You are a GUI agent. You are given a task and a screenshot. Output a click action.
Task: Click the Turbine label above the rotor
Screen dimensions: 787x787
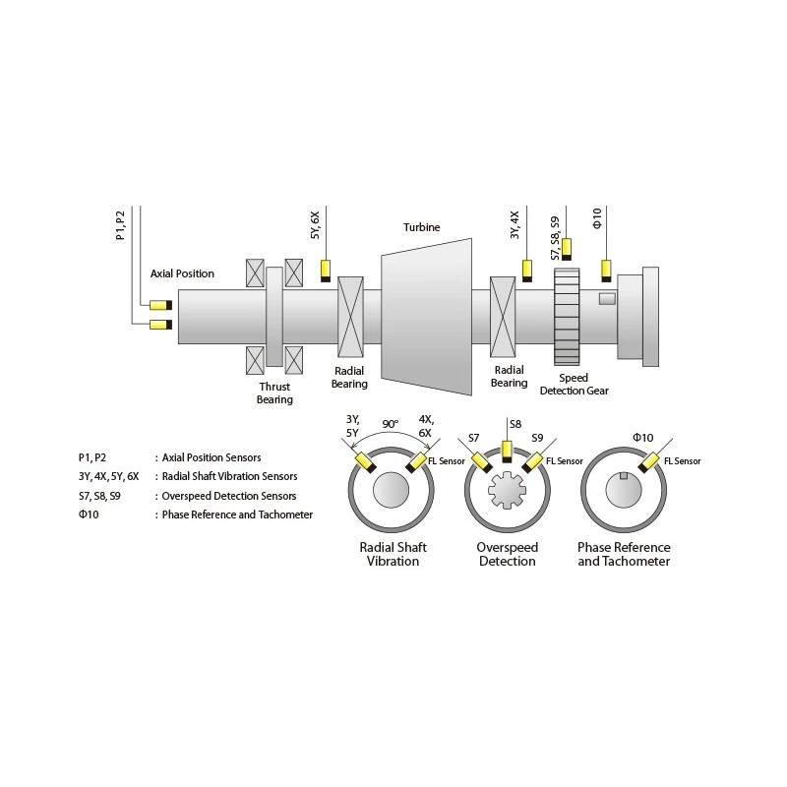(421, 228)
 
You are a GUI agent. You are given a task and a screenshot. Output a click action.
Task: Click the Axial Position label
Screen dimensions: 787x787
(182, 273)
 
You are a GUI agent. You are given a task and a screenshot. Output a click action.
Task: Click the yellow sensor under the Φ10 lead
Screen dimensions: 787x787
(608, 267)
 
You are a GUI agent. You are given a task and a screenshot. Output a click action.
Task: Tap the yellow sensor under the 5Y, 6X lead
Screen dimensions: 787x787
(326, 268)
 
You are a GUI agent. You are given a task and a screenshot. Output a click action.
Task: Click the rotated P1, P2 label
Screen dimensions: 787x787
(120, 224)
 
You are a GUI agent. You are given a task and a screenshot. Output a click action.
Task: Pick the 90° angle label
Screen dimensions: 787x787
(391, 424)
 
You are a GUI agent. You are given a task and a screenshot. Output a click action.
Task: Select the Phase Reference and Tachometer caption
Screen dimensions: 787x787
(624, 554)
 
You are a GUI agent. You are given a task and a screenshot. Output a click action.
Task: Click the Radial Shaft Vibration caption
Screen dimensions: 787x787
(391, 554)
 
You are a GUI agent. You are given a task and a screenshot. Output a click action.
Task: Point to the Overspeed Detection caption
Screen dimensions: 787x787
(507, 554)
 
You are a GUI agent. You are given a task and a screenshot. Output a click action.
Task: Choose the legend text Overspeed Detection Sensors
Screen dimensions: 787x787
(229, 496)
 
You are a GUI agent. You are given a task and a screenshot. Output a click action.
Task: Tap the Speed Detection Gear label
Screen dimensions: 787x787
(575, 384)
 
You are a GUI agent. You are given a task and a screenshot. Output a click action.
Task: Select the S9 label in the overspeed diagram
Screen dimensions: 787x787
(536, 437)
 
